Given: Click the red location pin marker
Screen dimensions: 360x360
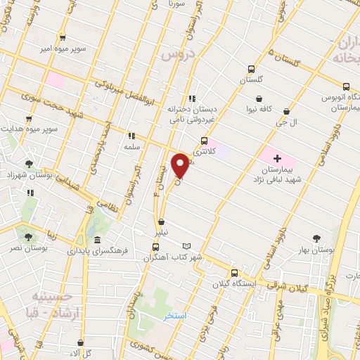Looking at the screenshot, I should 182,166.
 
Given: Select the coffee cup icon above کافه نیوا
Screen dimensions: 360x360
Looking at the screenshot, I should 260,98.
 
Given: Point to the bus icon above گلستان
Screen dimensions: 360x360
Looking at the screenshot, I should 251,70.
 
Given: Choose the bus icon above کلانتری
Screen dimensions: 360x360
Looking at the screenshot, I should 204,140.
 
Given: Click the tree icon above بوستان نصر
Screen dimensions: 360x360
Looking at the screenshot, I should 28,238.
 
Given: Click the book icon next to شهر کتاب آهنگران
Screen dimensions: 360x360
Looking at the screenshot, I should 186,246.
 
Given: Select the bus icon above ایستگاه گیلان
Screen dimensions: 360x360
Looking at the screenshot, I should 235,274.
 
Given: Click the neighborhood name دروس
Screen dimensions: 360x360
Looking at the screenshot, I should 173,54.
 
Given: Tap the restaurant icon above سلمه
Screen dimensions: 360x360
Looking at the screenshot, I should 131,136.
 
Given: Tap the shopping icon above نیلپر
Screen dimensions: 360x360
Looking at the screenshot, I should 162,222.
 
